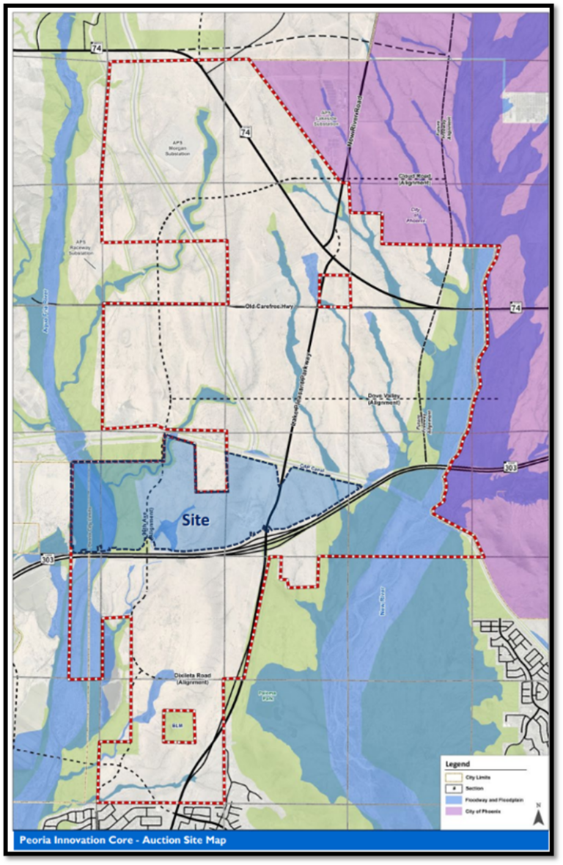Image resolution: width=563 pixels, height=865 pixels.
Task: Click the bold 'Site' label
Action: (196, 520)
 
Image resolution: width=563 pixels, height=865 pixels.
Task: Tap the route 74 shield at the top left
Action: (97, 48)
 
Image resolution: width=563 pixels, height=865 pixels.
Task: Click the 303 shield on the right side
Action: (512, 467)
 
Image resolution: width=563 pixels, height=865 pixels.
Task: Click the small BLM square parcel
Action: (178, 726)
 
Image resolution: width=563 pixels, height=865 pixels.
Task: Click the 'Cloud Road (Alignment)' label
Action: (415, 178)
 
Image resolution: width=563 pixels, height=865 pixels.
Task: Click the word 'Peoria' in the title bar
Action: (34, 840)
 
